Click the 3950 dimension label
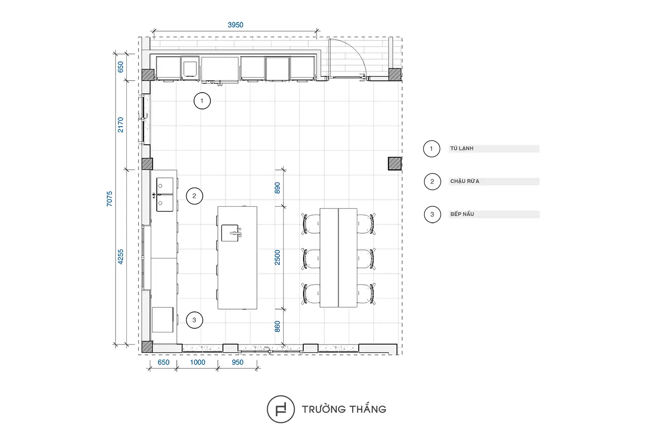pyautogui.click(x=235, y=25)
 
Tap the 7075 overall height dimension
pyautogui.click(x=109, y=199)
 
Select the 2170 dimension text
pyautogui.click(x=120, y=125)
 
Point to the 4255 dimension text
pyautogui.click(x=120, y=257)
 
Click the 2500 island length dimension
pyautogui.click(x=277, y=257)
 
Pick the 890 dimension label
pyautogui.click(x=277, y=188)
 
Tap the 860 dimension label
pyautogui.click(x=277, y=326)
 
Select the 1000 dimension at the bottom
pyautogui.click(x=198, y=362)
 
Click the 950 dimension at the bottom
pyautogui.click(x=237, y=362)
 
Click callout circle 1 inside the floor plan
pyautogui.click(x=202, y=93)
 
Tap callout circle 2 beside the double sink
pyautogui.click(x=195, y=188)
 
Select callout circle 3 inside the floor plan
pyautogui.click(x=195, y=312)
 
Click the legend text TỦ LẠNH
pyautogui.click(x=462, y=149)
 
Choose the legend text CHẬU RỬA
pyautogui.click(x=465, y=181)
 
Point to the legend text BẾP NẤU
pyautogui.click(x=462, y=214)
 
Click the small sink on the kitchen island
pyautogui.click(x=230, y=233)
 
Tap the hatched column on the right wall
pyautogui.click(x=395, y=163)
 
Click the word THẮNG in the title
pyautogui.click(x=368, y=408)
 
